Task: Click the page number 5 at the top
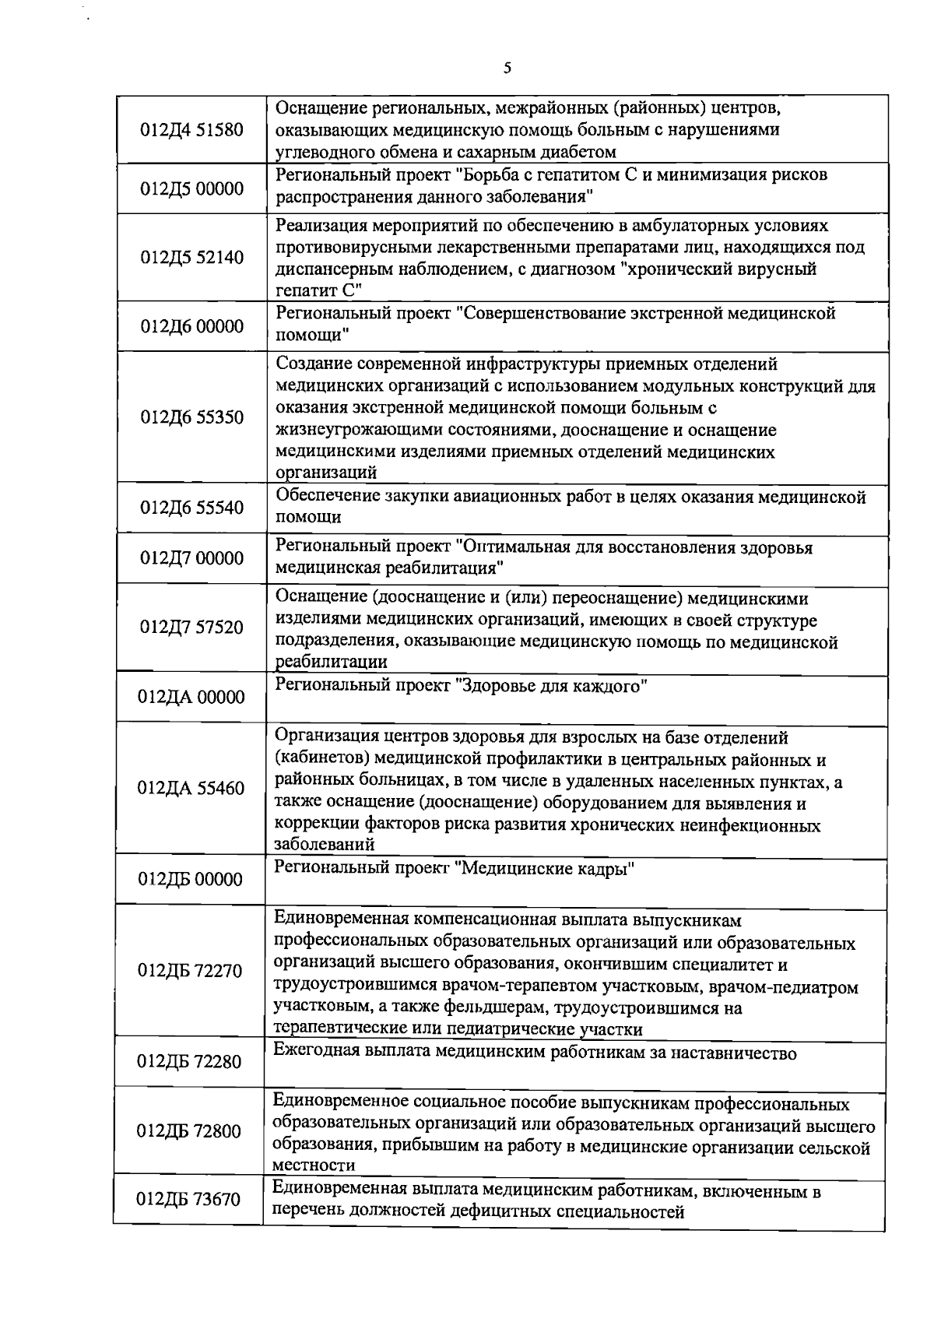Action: coord(507,68)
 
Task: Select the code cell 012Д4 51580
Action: coord(191,129)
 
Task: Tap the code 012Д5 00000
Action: coord(191,188)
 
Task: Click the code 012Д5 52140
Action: coord(191,258)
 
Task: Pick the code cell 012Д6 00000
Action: coord(191,326)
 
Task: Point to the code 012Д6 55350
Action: coord(191,417)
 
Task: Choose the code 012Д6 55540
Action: coord(191,508)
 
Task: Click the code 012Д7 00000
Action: coord(191,558)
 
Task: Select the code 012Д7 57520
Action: coord(191,628)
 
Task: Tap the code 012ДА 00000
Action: coord(191,697)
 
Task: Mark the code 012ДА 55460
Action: coord(191,788)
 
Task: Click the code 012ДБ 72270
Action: coord(191,971)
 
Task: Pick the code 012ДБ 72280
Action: coord(191,1062)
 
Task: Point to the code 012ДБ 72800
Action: coord(191,1131)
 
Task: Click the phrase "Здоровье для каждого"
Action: coord(551,686)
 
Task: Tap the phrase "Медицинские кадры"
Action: coord(545,869)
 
